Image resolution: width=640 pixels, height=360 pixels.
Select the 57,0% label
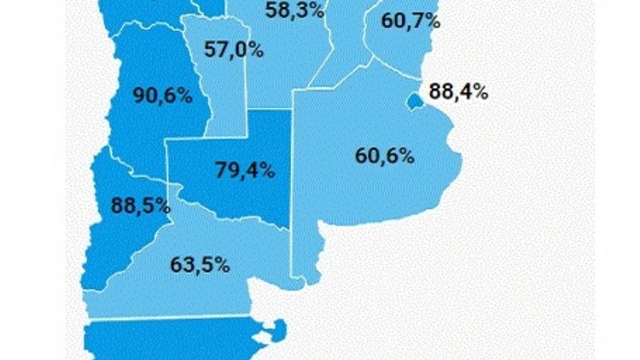pyautogui.click(x=234, y=49)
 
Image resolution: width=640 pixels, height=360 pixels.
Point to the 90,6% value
pyautogui.click(x=163, y=96)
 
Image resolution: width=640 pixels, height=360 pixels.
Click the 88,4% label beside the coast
pyautogui.click(x=458, y=91)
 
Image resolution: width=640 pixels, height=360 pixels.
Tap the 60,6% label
pyautogui.click(x=385, y=155)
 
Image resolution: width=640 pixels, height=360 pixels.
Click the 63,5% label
pyautogui.click(x=200, y=264)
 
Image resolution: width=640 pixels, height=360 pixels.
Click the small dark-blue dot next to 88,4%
pyautogui.click(x=414, y=102)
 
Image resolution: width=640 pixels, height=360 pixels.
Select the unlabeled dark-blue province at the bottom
pyautogui.click(x=176, y=340)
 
